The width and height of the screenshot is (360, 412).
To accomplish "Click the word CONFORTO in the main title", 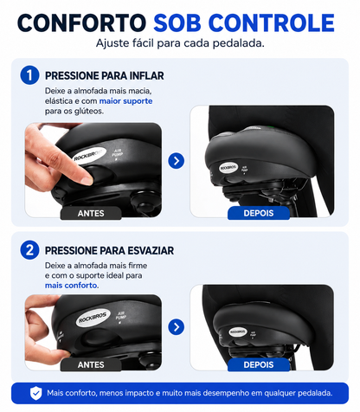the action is coord(81,23).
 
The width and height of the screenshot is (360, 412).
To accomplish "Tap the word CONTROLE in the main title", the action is coord(271,23).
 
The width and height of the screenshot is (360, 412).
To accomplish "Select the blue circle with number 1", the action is coord(29,75).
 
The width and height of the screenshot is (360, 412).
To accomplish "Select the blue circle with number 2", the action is coord(29,250).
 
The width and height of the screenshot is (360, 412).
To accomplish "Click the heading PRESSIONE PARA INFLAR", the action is coord(105,76).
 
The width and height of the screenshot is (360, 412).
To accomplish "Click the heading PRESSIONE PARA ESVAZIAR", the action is coord(109,250).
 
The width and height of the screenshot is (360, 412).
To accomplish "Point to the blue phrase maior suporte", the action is coord(125,101).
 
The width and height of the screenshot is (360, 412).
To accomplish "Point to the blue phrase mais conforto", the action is coord(71,286).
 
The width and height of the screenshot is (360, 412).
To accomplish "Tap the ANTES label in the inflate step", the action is coord(91,213).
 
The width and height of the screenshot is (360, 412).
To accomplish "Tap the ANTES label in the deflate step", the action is coord(91,364).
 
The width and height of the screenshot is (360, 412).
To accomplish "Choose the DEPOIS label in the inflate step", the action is coord(259,213).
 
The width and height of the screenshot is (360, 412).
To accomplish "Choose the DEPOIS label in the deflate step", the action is coord(259,364).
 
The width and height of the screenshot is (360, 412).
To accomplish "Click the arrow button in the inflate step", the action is coord(177,161).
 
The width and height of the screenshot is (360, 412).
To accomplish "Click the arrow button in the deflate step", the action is coord(177,327).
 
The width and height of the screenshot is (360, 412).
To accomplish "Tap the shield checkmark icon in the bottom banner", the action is coord(36,393).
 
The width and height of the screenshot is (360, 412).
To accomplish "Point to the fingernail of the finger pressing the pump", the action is coord(87,180).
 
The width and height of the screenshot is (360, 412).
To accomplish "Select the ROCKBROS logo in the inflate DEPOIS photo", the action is coord(228,168).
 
